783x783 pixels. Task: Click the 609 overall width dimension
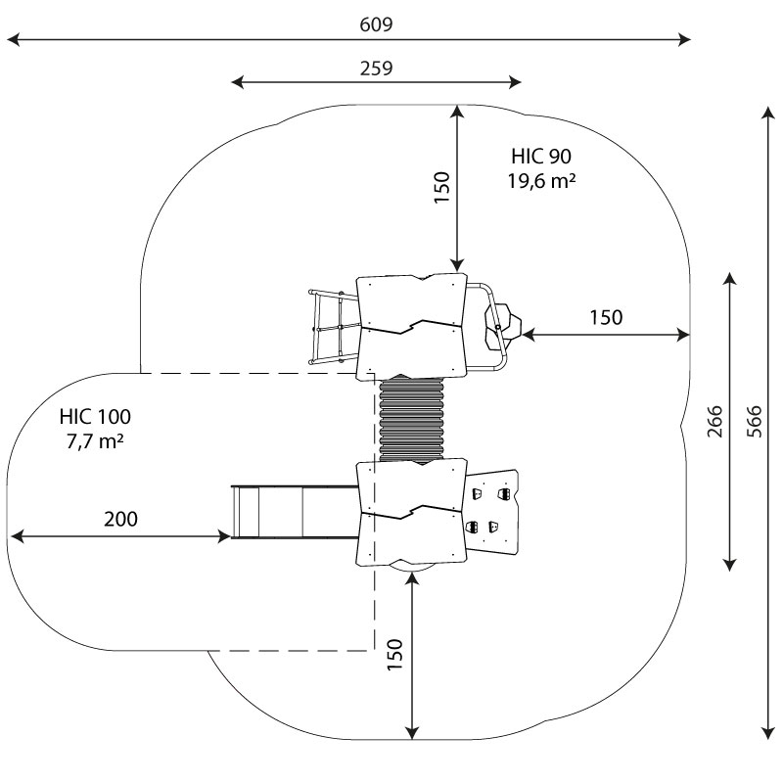(x=375, y=24)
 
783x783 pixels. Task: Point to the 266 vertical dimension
(x=714, y=421)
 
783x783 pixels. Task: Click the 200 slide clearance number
(x=120, y=519)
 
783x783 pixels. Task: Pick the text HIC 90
(x=540, y=156)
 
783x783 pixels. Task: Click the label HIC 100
(x=94, y=416)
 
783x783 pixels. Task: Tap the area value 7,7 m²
(x=94, y=441)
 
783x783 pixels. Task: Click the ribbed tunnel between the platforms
(x=411, y=418)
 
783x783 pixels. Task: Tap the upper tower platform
(x=411, y=325)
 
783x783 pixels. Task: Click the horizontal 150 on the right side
(x=605, y=317)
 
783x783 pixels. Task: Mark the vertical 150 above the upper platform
(x=441, y=186)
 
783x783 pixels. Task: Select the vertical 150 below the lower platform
(x=394, y=653)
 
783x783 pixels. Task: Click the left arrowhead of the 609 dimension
(x=12, y=39)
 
